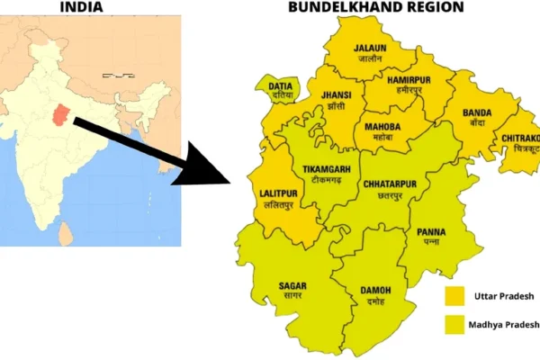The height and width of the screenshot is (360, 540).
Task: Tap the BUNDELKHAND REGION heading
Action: [375, 7]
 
